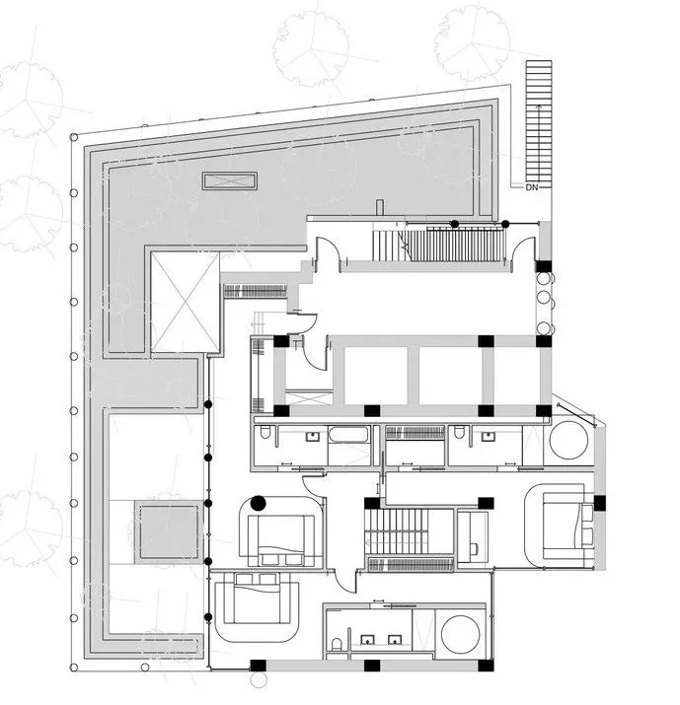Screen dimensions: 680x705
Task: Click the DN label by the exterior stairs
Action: coord(532,187)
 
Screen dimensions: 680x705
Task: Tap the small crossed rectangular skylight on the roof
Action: coord(230,180)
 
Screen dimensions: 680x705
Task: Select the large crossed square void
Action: coord(185,302)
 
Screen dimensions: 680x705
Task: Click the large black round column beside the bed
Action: coord(258,503)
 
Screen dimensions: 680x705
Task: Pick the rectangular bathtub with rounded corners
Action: coord(349,435)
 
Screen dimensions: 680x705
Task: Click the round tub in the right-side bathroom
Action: coord(568,440)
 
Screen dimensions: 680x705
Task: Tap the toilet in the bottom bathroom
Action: coord(337,644)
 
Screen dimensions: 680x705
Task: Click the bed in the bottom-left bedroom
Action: coord(257,598)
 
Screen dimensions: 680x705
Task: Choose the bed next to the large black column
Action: coord(281,539)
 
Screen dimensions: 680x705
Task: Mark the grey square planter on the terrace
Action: coord(169,532)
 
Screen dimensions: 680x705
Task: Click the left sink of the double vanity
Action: coord(368,639)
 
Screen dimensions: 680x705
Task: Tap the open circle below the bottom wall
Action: coord(259,680)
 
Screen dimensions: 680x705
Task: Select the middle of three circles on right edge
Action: coord(544,297)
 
